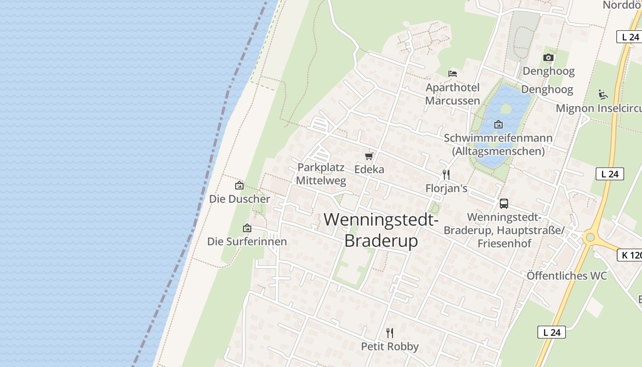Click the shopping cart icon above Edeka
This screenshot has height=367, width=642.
coord(369,156)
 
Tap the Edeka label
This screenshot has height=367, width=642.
coord(369,169)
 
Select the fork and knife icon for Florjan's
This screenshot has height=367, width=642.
coord(446,175)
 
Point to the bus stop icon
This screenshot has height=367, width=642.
coord(504,204)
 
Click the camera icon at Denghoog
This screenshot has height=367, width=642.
coord(548,57)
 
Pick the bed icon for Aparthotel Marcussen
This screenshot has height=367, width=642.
coord(453,73)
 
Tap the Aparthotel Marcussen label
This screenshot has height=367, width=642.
coord(453,94)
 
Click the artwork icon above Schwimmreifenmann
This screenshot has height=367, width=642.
coord(498,124)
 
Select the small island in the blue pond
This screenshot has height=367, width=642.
coord(505,109)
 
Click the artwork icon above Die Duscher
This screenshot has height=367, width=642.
coord(239,186)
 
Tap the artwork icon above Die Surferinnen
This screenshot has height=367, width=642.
coord(247,228)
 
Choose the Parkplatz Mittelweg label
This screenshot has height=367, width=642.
coord(321,173)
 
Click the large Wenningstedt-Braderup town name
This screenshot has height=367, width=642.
coord(381,230)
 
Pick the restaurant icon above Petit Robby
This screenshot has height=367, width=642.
coord(390,333)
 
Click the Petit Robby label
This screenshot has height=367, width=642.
coord(390,346)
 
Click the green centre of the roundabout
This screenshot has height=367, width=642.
coord(590,238)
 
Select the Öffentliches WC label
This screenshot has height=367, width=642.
coord(566,276)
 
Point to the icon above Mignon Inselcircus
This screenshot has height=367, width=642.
coord(603,95)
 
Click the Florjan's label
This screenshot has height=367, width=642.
coord(446,188)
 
